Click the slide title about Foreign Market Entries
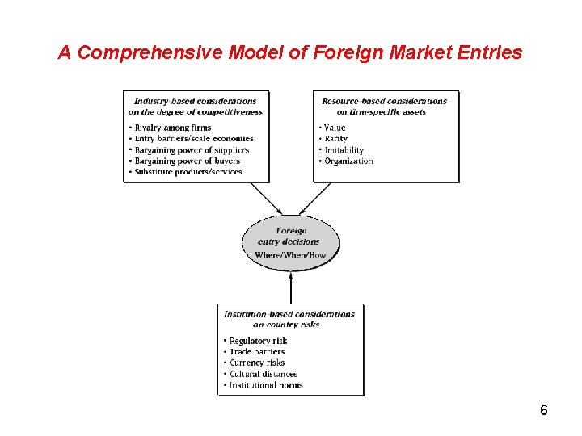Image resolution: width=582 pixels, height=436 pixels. click(290, 53)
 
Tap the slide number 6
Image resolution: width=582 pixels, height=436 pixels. click(544, 410)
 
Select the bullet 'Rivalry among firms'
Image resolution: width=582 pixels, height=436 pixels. click(173, 128)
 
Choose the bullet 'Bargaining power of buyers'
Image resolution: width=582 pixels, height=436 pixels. click(187, 161)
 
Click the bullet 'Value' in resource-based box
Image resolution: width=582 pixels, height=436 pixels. click(334, 128)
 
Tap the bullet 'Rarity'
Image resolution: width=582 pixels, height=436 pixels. click(335, 139)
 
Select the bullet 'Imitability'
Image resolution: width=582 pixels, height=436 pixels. click(344, 150)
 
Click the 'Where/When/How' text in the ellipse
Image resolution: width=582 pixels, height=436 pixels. click(290, 255)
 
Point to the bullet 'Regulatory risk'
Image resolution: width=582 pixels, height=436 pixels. click(258, 341)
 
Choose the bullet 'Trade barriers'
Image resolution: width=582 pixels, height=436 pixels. click(257, 352)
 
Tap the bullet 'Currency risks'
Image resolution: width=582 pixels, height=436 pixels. click(257, 363)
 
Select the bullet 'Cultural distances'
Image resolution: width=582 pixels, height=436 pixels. click(263, 375)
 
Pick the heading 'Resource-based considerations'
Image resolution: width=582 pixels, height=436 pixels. click(384, 102)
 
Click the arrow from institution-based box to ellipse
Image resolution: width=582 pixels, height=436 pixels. click(291, 287)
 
